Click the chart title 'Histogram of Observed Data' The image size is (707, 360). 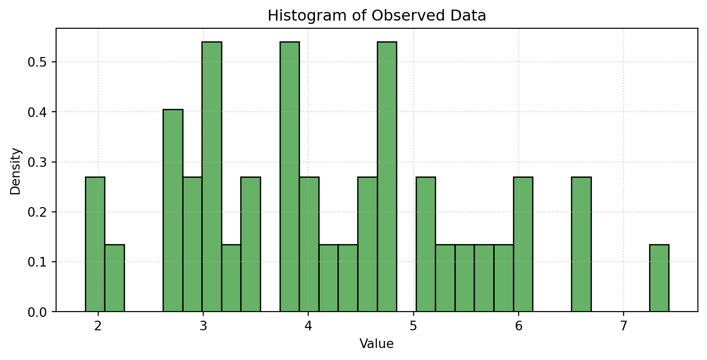377,16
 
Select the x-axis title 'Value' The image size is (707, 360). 377,344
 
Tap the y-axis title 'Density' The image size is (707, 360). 15,171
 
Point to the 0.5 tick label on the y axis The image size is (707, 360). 37,62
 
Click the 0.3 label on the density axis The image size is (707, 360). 37,162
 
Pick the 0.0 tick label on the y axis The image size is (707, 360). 37,312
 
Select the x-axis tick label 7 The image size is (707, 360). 624,326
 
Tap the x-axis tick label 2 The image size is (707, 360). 98,326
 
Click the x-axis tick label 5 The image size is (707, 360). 413,326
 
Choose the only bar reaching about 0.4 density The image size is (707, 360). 173,210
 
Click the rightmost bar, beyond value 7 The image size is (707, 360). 659,278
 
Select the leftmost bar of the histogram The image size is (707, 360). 95,244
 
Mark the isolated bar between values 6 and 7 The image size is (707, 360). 581,244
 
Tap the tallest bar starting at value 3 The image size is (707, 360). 212,177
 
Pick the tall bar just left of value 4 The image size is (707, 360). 290,177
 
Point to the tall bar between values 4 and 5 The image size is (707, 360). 387,177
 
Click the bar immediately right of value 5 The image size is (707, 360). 426,244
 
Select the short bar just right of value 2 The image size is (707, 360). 115,278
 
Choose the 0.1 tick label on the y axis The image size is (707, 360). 37,262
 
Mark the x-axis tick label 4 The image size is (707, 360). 308,326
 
